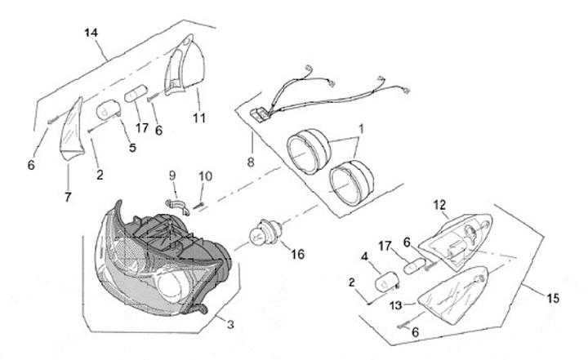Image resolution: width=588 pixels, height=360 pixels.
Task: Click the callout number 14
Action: pyautogui.click(x=91, y=33)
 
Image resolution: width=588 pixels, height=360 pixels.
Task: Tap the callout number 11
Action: pyautogui.click(x=199, y=118)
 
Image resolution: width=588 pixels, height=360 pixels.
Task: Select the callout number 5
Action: pyautogui.click(x=131, y=149)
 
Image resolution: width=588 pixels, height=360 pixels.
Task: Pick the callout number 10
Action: pyautogui.click(x=205, y=176)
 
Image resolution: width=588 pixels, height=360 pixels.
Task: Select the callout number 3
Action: pyautogui.click(x=230, y=325)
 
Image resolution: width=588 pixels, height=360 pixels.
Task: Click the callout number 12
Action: pyautogui.click(x=439, y=204)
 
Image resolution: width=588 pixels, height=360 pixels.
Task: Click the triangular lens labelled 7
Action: pyautogui.click(x=73, y=131)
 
